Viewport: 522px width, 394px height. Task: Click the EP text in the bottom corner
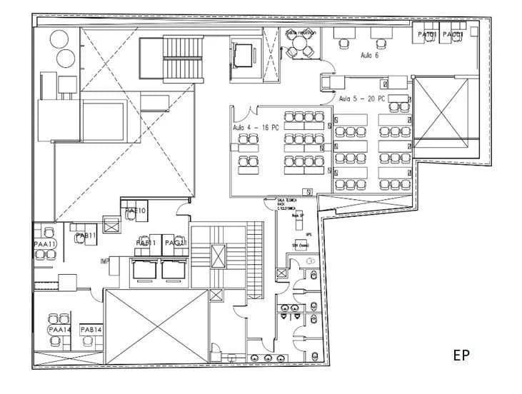click(x=461, y=354)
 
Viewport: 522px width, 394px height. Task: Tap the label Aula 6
click(x=370, y=55)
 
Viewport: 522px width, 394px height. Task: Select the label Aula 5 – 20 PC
click(x=362, y=98)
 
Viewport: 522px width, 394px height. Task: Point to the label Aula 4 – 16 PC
click(x=256, y=127)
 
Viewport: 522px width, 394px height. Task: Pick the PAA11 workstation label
click(x=44, y=244)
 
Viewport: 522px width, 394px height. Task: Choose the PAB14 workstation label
click(x=91, y=330)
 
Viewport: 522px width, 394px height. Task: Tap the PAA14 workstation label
click(x=59, y=330)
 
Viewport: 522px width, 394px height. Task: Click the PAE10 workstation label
click(x=136, y=211)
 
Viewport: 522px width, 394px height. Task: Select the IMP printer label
click(x=104, y=263)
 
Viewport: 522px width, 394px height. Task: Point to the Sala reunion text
click(x=301, y=33)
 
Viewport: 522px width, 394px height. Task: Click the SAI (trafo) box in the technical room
click(x=299, y=246)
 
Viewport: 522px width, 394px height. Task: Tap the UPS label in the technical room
click(x=308, y=234)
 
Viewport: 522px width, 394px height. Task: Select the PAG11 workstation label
click(x=176, y=243)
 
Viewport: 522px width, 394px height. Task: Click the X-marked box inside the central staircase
click(x=219, y=254)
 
